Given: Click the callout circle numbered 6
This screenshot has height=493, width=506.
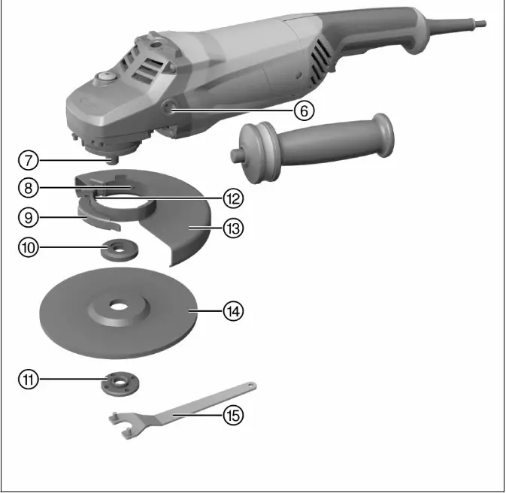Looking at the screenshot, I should [302, 111].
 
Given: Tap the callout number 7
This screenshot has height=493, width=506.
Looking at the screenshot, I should [26, 160].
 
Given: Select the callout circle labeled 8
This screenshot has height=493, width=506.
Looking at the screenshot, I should [26, 187].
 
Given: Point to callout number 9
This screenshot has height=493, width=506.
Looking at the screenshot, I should [26, 217].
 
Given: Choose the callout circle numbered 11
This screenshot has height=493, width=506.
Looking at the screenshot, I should [28, 380].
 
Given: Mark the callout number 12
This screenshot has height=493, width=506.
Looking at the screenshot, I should [233, 198].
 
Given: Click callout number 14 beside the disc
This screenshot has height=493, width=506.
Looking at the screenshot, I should [235, 310].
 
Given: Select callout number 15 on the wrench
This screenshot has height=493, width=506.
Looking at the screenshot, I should [233, 414].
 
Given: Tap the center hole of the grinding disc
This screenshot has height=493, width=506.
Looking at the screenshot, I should [117, 307].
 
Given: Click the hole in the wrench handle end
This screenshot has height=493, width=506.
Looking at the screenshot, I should [249, 386].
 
